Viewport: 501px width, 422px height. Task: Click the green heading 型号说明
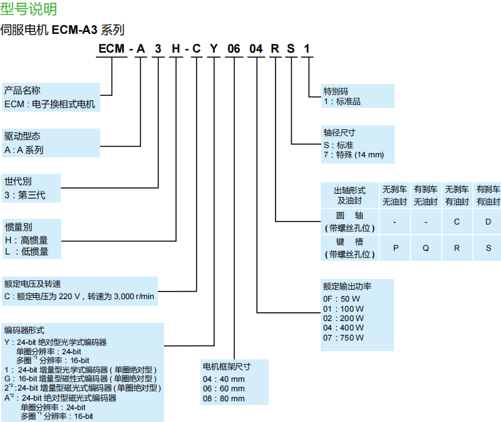coord(29,9)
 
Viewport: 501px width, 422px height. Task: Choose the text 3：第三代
coord(24,195)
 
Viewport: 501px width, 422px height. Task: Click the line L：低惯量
coord(26,251)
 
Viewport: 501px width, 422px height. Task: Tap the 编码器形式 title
coord(24,330)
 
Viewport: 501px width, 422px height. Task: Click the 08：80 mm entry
coord(224,399)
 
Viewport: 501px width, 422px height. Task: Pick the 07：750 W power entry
coord(343,338)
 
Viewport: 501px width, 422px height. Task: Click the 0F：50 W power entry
coord(341,298)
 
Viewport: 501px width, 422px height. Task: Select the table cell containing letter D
coord(488,222)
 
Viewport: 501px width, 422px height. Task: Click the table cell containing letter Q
coord(426,248)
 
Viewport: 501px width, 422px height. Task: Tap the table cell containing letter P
coord(396,248)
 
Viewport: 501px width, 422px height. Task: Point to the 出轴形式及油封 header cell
coord(349,195)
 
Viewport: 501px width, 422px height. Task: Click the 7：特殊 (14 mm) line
coord(353,155)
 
